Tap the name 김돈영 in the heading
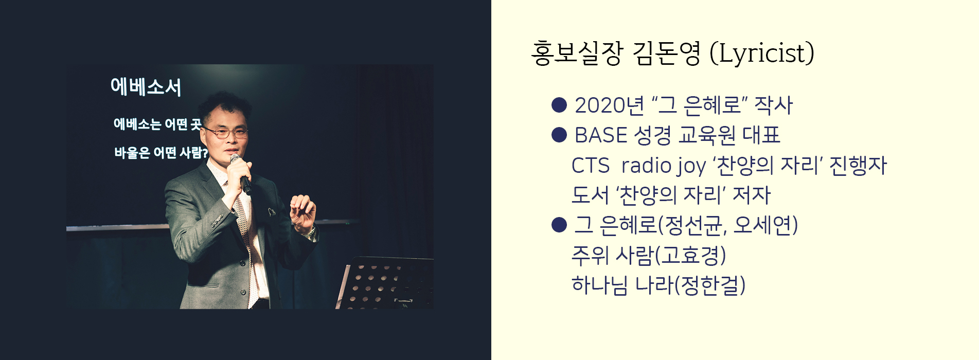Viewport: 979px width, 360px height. click(666, 53)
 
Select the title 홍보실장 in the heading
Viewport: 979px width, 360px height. click(577, 53)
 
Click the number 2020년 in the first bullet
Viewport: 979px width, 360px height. click(609, 105)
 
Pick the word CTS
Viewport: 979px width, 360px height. click(590, 166)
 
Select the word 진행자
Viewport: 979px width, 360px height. click(858, 166)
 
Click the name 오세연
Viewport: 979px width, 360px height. click(763, 225)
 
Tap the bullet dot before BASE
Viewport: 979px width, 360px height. click(559, 135)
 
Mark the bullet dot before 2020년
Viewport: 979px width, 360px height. click(559, 105)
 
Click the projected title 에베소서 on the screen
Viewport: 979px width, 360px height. click(146, 87)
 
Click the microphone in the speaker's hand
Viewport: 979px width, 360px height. click(241, 174)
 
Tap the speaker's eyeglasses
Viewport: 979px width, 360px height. click(226, 133)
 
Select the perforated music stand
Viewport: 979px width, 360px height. click(384, 283)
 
